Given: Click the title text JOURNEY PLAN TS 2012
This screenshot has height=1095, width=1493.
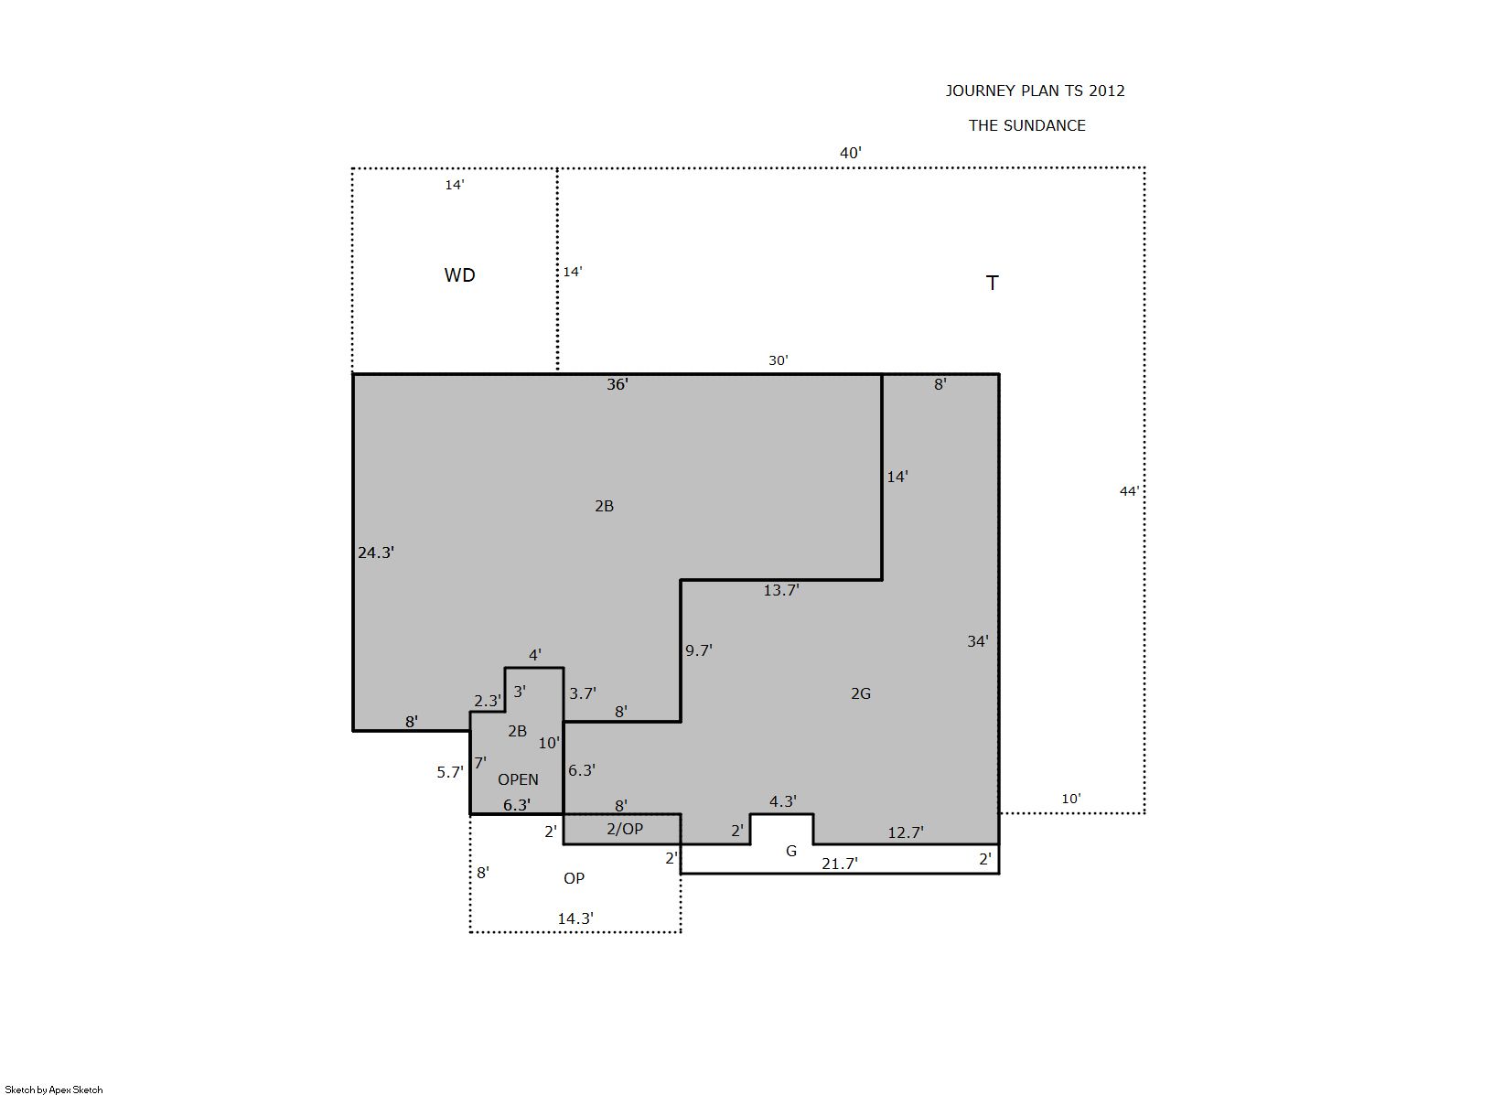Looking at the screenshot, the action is click(1035, 91).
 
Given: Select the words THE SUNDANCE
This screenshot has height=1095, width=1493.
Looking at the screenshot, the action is click(1027, 125).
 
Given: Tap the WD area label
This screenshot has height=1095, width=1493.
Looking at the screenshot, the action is click(460, 275).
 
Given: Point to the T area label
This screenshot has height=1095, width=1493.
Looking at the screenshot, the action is click(993, 284).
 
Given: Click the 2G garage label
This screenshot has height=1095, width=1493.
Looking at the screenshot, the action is click(861, 693).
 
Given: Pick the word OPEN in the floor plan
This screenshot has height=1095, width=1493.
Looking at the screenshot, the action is click(518, 779).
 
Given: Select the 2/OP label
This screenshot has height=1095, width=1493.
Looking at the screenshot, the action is click(625, 829).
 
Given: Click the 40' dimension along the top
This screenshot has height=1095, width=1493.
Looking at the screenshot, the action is click(851, 153).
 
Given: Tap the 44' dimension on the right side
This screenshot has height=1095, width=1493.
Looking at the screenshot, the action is click(1129, 491).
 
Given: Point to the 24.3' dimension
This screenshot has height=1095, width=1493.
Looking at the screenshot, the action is click(376, 553).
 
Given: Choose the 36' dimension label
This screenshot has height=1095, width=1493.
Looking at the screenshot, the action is click(618, 384).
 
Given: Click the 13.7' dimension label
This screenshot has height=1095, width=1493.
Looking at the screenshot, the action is click(781, 590).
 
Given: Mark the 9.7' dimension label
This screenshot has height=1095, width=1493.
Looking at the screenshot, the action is click(699, 650).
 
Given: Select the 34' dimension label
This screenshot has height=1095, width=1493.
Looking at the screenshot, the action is click(978, 641).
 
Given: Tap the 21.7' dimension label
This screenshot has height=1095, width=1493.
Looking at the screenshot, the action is click(840, 864).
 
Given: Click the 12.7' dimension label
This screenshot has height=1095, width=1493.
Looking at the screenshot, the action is click(906, 832).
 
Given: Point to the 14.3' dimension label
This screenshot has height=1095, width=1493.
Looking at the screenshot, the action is click(575, 918).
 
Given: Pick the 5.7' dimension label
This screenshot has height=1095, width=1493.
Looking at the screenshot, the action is click(450, 772).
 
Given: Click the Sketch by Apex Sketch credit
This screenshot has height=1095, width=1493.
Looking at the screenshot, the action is click(54, 1090).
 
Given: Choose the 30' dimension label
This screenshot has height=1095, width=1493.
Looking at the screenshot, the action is click(779, 360).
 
